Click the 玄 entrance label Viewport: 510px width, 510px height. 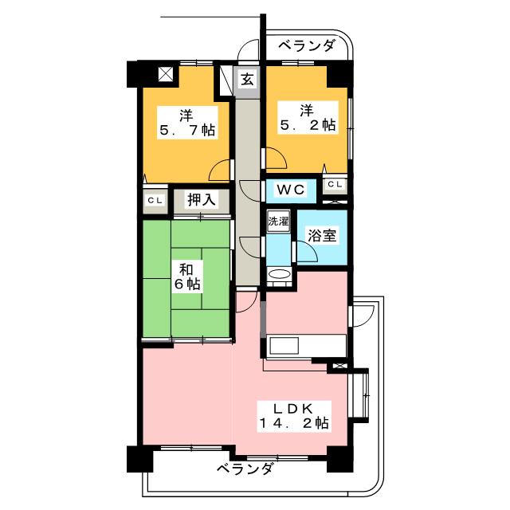pyautogui.click(x=248, y=79)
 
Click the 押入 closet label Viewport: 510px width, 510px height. pyautogui.click(x=201, y=199)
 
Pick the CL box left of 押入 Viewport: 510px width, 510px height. pyautogui.click(x=155, y=200)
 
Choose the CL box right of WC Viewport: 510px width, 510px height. pyautogui.click(x=335, y=186)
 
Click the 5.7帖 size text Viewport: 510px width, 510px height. pyautogui.click(x=186, y=131)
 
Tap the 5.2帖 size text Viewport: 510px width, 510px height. pyautogui.click(x=307, y=124)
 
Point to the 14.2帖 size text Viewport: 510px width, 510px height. pyautogui.click(x=293, y=423)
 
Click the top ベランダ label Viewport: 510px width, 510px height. pyautogui.click(x=307, y=47)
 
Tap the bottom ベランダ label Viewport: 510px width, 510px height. pyautogui.click(x=244, y=469)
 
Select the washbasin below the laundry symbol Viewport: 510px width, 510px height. pyautogui.click(x=278, y=275)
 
